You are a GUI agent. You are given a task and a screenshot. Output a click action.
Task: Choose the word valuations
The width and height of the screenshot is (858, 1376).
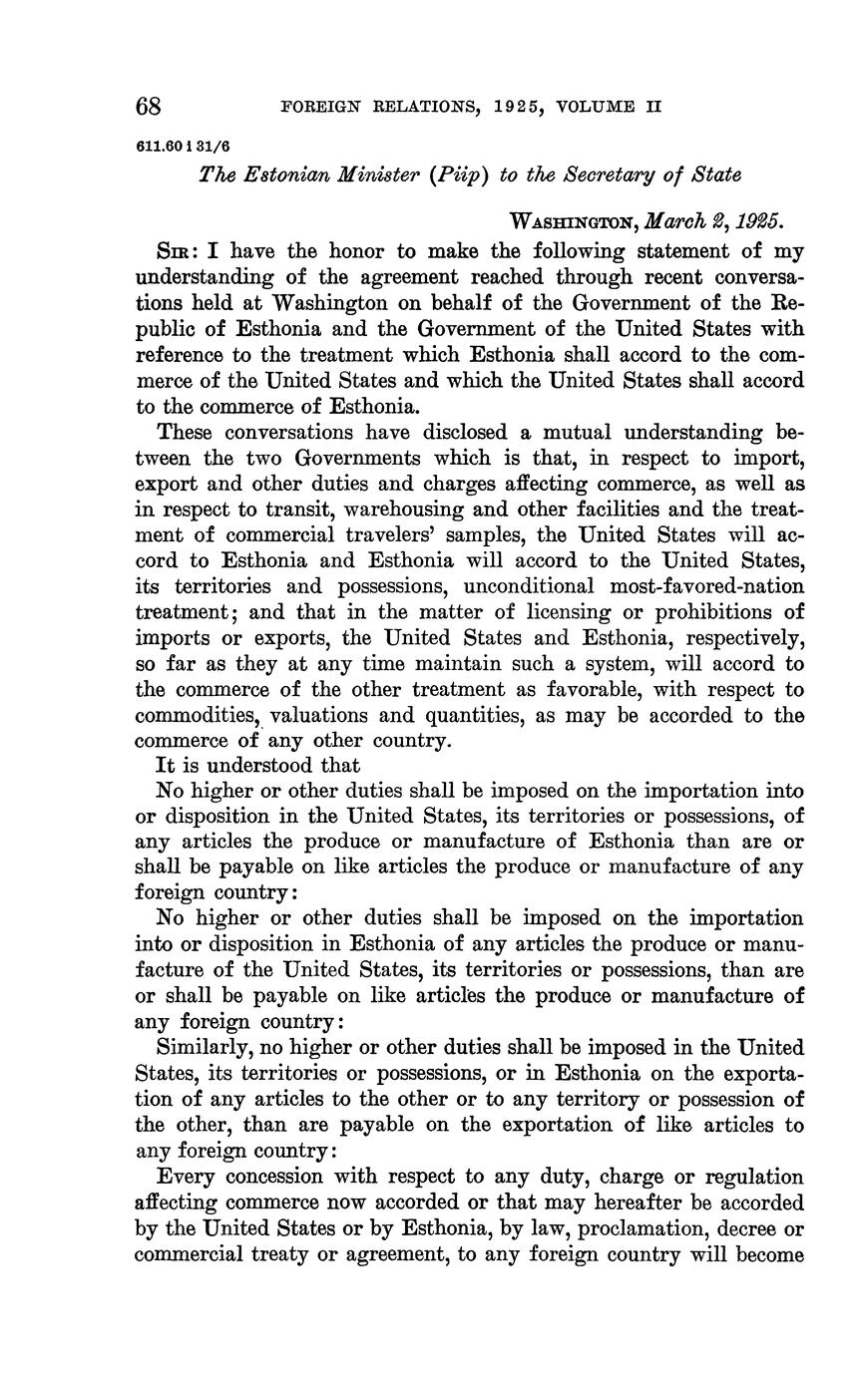(327, 715)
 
